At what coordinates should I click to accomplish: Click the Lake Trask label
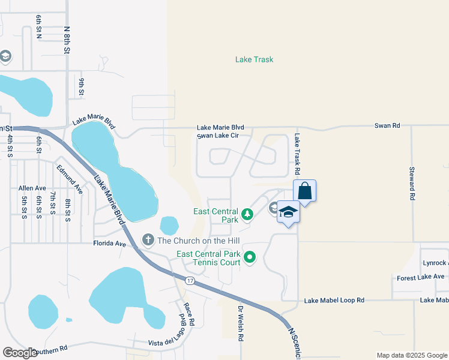click(x=255, y=59)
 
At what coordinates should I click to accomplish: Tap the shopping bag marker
click(x=304, y=191)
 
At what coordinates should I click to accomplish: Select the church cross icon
click(x=148, y=240)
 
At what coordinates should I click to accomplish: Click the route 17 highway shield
click(x=190, y=281)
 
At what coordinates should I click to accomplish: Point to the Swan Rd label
click(x=387, y=126)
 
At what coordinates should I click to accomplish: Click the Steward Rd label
click(x=412, y=183)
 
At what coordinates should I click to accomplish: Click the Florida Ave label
click(x=110, y=244)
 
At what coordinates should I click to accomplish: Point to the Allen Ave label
click(x=32, y=188)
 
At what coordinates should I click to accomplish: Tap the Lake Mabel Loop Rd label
click(x=334, y=300)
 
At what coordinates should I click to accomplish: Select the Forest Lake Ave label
click(x=421, y=277)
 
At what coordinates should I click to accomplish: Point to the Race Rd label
click(x=190, y=314)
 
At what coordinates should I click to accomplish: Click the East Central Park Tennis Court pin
click(x=250, y=258)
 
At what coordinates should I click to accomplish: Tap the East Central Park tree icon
click(x=247, y=214)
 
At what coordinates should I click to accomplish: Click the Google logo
click(x=20, y=353)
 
